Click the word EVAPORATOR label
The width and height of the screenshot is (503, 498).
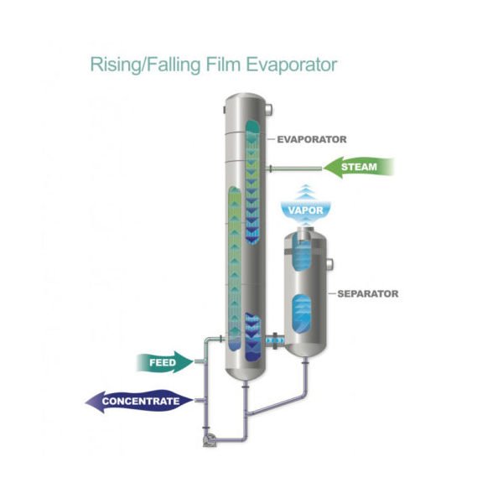tap(312, 140)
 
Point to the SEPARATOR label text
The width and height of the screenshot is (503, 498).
tap(367, 293)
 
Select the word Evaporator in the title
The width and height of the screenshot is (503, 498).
tap(284, 65)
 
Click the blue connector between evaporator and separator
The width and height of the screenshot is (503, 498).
tap(273, 341)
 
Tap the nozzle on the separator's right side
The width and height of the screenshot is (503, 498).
tap(331, 267)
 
